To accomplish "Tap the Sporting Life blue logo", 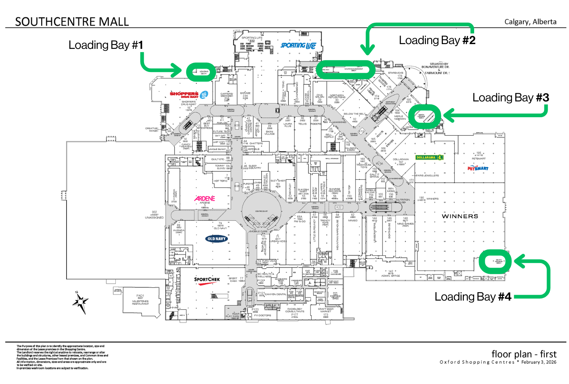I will pyautogui.click(x=298, y=46).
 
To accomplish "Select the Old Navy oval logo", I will pyautogui.click(x=216, y=239).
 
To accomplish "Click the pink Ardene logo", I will pyautogui.click(x=205, y=198).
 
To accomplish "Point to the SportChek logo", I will pyautogui.click(x=207, y=280).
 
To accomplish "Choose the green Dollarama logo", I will pyautogui.click(x=429, y=157).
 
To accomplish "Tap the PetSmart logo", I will pyautogui.click(x=478, y=168).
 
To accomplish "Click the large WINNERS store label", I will pyautogui.click(x=460, y=216).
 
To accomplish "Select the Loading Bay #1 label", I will pyautogui.click(x=106, y=45).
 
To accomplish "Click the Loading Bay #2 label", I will pyautogui.click(x=437, y=40).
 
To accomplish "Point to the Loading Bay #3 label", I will pyautogui.click(x=511, y=98).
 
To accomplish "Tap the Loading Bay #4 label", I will pyautogui.click(x=473, y=297).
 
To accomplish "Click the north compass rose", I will pyautogui.click(x=80, y=302).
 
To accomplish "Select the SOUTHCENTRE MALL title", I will pyautogui.click(x=72, y=22).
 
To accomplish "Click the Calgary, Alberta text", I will pyautogui.click(x=530, y=22).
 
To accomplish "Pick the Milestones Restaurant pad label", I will pyautogui.click(x=140, y=300).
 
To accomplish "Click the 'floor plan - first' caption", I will pyautogui.click(x=524, y=354).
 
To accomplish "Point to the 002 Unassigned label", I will pyautogui.click(x=154, y=215).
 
